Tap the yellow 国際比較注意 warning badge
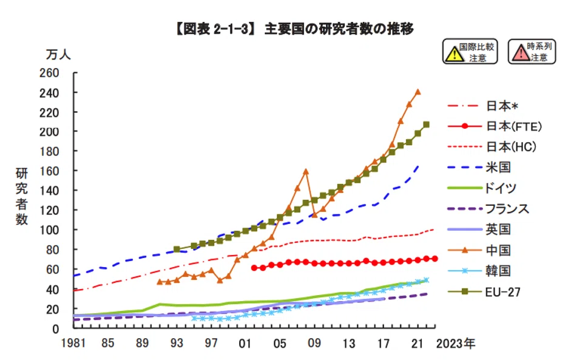pos(470,52)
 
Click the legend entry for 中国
pos(498,250)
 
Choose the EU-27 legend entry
pos(501,291)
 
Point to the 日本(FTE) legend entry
pos(513,126)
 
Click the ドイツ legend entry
pos(501,188)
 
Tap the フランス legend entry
pos(507,209)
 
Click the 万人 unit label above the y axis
pos(59,53)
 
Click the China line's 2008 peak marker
pos(306,171)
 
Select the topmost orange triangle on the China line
pos(417,92)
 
